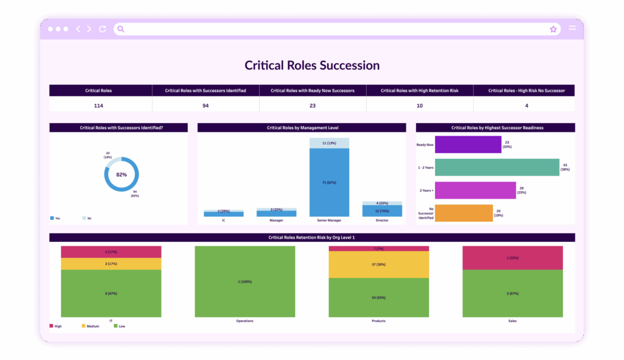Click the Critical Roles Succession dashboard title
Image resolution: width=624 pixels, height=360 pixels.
[312, 65]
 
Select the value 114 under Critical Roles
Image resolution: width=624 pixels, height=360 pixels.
[98, 105]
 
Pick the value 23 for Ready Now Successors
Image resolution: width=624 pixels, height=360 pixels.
[312, 105]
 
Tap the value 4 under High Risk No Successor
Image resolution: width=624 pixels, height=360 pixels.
[526, 105]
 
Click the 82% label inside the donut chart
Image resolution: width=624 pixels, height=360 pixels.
[122, 175]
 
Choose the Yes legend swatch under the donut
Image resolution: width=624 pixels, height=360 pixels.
[52, 217]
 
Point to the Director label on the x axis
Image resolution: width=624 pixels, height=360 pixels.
[382, 221]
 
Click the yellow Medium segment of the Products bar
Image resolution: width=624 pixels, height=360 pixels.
[379, 264]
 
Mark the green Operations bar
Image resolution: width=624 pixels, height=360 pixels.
[245, 281]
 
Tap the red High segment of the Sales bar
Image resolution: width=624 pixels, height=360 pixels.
[512, 258]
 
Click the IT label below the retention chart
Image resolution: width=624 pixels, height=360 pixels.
[110, 320]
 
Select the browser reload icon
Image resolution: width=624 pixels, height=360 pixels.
[102, 29]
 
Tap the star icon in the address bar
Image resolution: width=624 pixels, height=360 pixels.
[553, 29]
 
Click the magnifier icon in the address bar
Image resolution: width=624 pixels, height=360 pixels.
[121, 29]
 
